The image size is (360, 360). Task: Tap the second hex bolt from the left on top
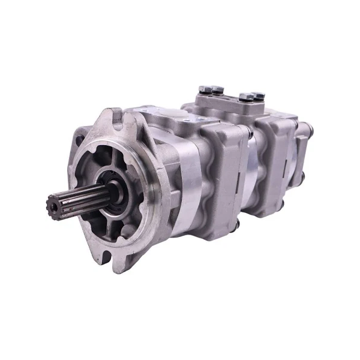[217, 89]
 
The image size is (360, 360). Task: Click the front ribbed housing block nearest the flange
[222, 180]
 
